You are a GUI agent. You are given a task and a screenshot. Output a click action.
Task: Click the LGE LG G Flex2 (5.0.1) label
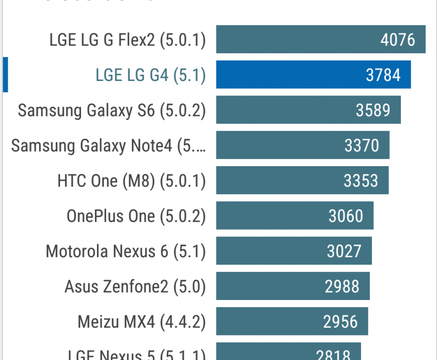coord(127,40)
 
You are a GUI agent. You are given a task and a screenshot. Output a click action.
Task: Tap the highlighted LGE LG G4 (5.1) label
coord(150,75)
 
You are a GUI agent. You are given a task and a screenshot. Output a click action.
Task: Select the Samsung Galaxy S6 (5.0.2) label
coord(111,110)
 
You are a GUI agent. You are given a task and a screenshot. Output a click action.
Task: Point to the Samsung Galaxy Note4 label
coord(108,146)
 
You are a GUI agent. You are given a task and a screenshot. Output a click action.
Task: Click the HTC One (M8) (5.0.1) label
coord(131,181)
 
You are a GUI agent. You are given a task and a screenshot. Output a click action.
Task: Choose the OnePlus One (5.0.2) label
coord(136,216)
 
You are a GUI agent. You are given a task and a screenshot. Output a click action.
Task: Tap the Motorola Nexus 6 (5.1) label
coord(125,251)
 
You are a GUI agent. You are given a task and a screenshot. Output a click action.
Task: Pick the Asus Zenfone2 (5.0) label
coord(135,287)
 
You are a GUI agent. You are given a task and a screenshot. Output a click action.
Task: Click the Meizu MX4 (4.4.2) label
coord(141,322)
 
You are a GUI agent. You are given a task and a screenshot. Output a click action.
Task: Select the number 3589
coord(373,110)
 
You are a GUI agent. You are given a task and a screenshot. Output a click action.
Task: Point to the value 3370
coord(362,146)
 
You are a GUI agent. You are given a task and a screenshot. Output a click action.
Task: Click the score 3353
coord(361,181)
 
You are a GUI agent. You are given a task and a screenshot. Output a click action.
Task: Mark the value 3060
coord(346,216)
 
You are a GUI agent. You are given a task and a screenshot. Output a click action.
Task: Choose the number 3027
coord(344,251)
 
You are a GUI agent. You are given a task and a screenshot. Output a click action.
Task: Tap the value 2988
coord(342,287)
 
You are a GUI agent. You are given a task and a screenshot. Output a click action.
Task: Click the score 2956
coord(340,322)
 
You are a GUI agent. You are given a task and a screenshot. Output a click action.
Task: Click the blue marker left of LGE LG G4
coord(5,75)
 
